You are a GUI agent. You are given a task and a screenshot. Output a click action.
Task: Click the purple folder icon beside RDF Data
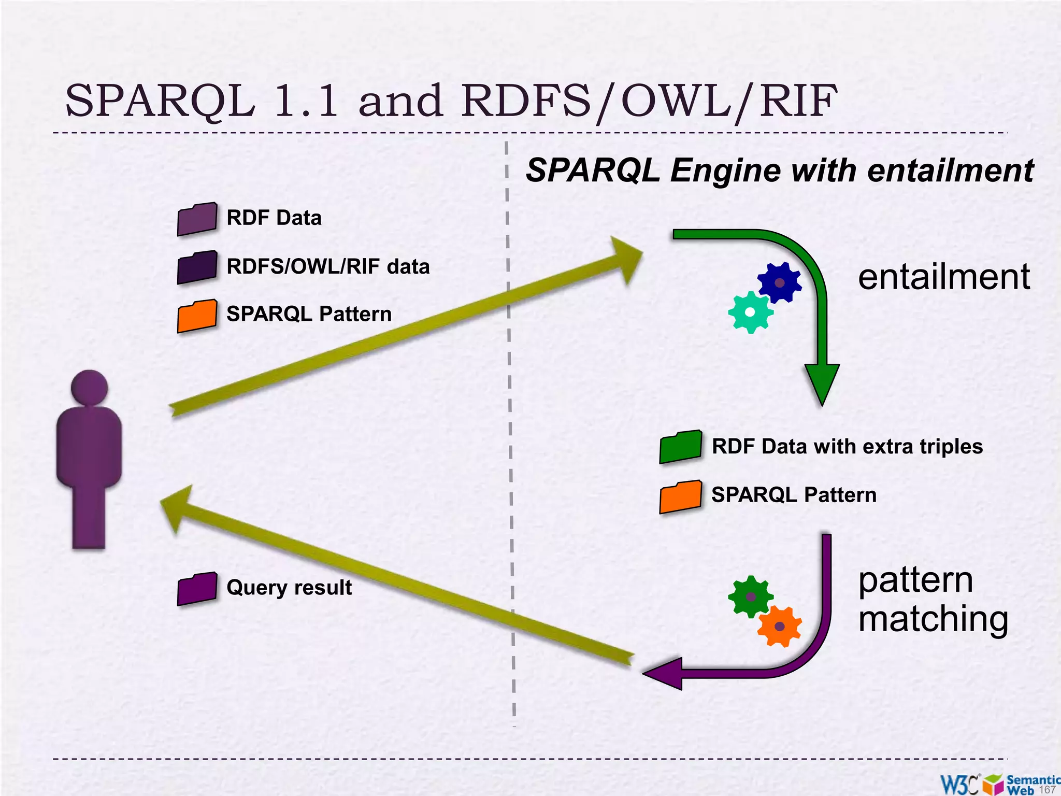[197, 219]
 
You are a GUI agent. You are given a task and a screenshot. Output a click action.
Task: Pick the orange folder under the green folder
[681, 496]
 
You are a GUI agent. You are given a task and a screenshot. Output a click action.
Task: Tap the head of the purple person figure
[89, 388]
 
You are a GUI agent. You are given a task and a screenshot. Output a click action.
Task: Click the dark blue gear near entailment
[779, 282]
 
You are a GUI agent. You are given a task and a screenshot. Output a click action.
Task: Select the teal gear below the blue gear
[750, 312]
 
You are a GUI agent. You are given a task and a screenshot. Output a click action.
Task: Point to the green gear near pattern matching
[751, 596]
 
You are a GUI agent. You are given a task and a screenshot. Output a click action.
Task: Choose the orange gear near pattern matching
[779, 627]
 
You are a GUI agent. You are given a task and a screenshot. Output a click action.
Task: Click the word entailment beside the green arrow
[944, 277]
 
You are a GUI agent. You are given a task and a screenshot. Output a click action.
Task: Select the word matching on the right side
[933, 619]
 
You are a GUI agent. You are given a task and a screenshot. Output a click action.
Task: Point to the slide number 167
[1047, 790]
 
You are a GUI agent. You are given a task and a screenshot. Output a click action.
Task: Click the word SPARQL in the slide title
[161, 101]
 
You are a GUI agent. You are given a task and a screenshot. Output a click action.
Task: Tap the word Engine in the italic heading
[725, 170]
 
